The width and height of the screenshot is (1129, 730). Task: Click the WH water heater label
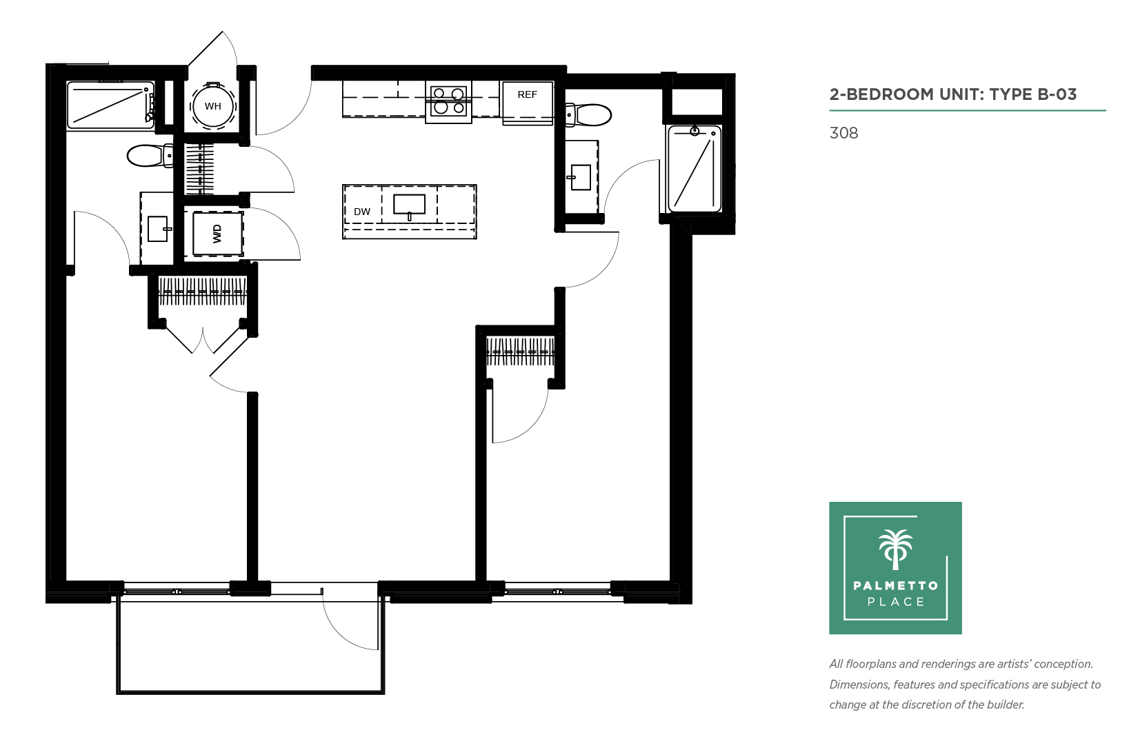click(212, 106)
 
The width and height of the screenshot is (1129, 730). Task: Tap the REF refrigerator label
click(527, 94)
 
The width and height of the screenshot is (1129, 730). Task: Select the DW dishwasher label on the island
click(362, 212)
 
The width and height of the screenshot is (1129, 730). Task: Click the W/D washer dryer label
click(217, 234)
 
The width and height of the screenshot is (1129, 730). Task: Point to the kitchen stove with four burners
click(448, 101)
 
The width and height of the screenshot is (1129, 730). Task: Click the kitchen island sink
click(409, 205)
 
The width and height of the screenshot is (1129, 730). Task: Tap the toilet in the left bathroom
click(150, 156)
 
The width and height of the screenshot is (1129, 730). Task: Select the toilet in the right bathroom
click(588, 115)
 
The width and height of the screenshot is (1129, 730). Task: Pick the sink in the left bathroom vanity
click(159, 229)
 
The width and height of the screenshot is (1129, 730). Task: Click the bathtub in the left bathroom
click(110, 105)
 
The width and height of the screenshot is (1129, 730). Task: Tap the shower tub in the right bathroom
click(695, 168)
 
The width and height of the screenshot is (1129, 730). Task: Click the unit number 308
click(843, 133)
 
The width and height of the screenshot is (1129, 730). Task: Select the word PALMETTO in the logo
click(896, 585)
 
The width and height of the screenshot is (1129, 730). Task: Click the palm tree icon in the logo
click(896, 549)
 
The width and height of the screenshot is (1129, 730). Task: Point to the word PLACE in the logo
click(896, 602)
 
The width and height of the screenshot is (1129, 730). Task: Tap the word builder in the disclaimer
click(1004, 704)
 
